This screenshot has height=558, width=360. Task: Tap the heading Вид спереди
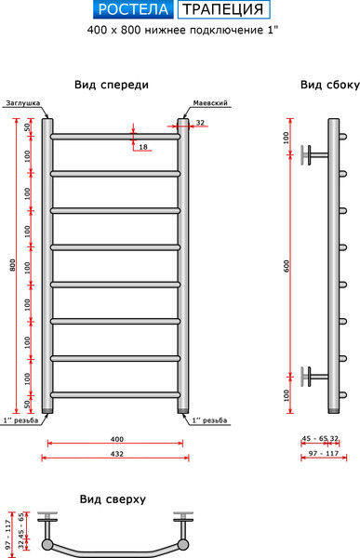click(112, 85)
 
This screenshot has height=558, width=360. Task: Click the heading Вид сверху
click(113, 498)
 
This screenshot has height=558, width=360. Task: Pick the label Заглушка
click(22, 103)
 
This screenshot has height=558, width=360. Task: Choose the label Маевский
click(210, 103)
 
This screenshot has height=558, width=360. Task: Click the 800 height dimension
click(11, 266)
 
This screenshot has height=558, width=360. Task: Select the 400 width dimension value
click(116, 438)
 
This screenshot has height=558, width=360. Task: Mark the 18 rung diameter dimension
click(142, 147)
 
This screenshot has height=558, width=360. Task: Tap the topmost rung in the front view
click(115, 137)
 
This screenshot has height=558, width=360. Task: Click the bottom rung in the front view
click(115, 394)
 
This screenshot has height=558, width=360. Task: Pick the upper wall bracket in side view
click(316, 153)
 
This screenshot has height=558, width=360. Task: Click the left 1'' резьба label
click(20, 420)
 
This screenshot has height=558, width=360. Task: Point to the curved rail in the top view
click(115, 549)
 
